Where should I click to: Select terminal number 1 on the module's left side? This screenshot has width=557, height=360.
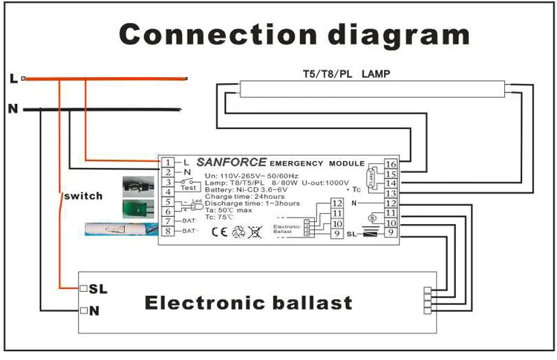click(169, 163)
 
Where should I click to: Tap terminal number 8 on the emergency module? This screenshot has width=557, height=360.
click(169, 231)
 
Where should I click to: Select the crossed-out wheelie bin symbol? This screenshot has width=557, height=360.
click(255, 231)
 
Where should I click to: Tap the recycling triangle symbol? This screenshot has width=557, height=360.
click(238, 231)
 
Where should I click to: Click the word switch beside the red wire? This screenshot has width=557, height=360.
click(82, 196)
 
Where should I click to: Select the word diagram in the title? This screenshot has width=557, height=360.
click(394, 34)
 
